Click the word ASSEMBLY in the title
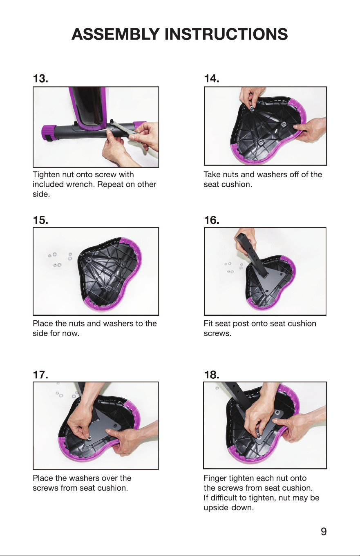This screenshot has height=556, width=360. (x=116, y=34)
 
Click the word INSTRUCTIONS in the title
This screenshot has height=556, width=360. (x=226, y=34)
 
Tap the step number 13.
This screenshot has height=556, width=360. (x=40, y=78)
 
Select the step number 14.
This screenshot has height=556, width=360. (x=212, y=78)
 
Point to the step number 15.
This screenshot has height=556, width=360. (x=40, y=220)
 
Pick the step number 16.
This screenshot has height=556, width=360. (x=212, y=220)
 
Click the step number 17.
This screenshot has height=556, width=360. (x=40, y=375)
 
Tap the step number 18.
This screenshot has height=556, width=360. (x=212, y=375)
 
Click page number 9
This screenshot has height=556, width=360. (x=324, y=531)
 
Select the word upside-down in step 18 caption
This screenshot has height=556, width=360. (x=229, y=507)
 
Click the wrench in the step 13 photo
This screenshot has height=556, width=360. (x=123, y=130)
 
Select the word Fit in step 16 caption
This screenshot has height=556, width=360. (x=208, y=324)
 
